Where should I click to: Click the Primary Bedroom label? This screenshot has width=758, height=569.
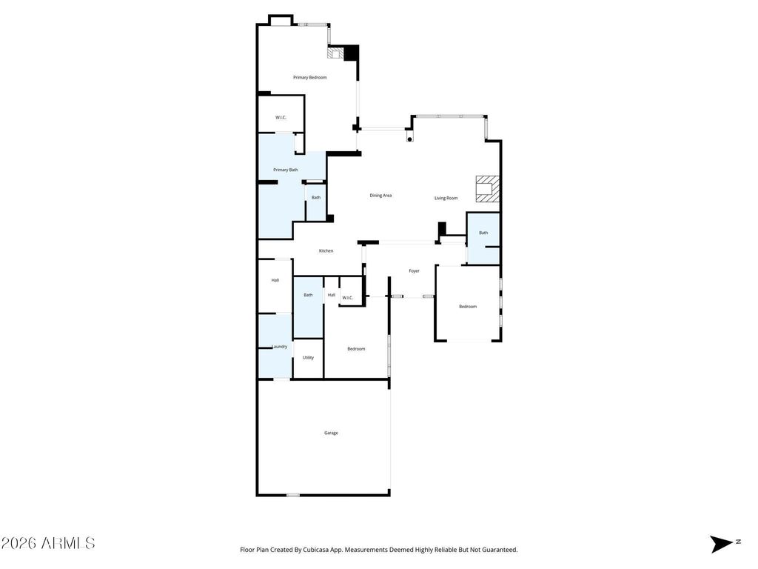pyautogui.click(x=309, y=78)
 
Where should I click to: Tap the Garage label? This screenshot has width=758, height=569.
pyautogui.click(x=331, y=433)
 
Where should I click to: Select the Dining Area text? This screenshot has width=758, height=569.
pyautogui.click(x=380, y=196)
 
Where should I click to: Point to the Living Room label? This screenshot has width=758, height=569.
pyautogui.click(x=446, y=198)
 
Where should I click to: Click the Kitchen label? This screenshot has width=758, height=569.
pyautogui.click(x=326, y=251)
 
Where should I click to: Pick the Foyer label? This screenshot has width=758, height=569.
pyautogui.click(x=414, y=271)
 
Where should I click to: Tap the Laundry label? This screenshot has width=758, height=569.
pyautogui.click(x=279, y=347)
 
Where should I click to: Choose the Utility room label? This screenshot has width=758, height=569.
pyautogui.click(x=308, y=358)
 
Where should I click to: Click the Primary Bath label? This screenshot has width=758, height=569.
pyautogui.click(x=285, y=170)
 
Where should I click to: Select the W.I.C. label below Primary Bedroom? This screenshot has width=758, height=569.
pyautogui.click(x=281, y=118)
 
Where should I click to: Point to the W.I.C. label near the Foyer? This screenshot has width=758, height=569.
pyautogui.click(x=347, y=299)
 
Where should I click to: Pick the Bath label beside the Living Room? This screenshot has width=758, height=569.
pyautogui.click(x=483, y=233)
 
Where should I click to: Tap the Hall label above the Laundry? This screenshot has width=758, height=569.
pyautogui.click(x=275, y=281)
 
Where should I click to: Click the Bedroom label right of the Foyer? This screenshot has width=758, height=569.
pyautogui.click(x=467, y=307)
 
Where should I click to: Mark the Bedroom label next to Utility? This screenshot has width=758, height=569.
pyautogui.click(x=356, y=349)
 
